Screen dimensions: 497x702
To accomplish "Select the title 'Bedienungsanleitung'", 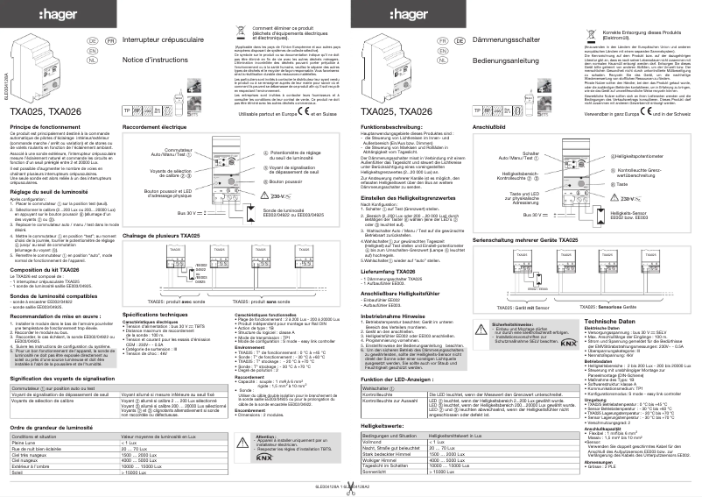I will (x=503, y=60).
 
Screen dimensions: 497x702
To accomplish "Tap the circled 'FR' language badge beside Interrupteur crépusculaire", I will (x=109, y=40).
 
